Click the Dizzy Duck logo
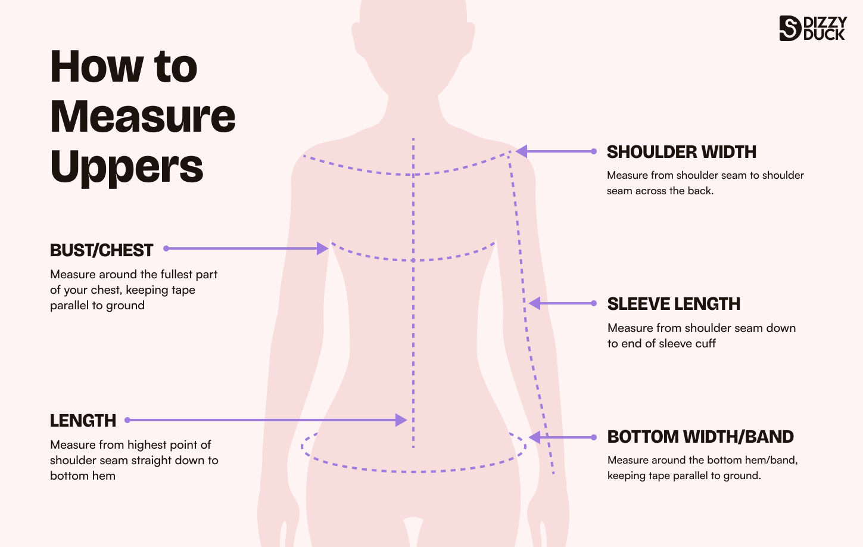812,28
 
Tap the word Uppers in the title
127,167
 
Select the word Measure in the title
143,116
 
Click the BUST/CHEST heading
102,250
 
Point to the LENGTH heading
83,421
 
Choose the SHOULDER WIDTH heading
681,152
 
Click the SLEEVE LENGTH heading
674,304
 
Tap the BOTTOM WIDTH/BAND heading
700,437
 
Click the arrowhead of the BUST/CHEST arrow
323,248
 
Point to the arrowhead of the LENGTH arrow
401,420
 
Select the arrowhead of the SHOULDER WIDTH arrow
522,151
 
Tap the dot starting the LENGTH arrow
127,420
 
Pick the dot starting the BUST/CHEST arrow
166,248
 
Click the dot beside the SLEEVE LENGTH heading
594,303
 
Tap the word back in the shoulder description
700,191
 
